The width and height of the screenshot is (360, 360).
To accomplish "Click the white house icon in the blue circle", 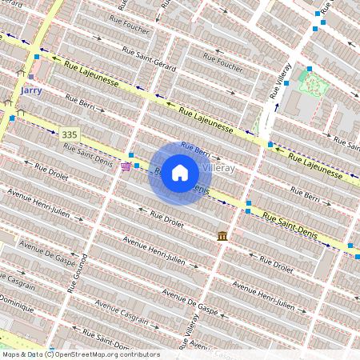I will point(180,173).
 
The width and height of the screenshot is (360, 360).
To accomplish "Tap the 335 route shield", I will point(69,134).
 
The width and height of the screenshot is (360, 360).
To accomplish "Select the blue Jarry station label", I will point(30,90).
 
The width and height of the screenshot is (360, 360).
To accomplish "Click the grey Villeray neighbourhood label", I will point(218,169).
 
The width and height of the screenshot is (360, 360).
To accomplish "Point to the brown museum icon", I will point(222,236).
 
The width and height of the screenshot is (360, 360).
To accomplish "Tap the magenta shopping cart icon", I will point(126,166).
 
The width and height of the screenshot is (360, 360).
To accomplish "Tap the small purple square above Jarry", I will point(31,77).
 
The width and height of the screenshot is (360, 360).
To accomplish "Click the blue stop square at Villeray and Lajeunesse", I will point(270,145).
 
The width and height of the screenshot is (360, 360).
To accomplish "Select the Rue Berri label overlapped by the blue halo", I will point(194,148).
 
